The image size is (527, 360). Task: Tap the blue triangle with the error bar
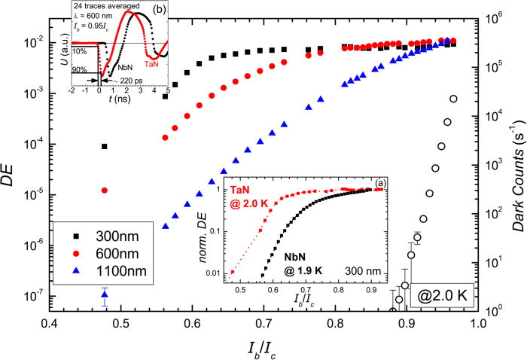[x=105, y=294]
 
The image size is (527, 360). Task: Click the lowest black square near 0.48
[x=105, y=146]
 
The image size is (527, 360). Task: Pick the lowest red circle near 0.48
[x=105, y=190]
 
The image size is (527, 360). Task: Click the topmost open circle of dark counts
[x=453, y=99]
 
